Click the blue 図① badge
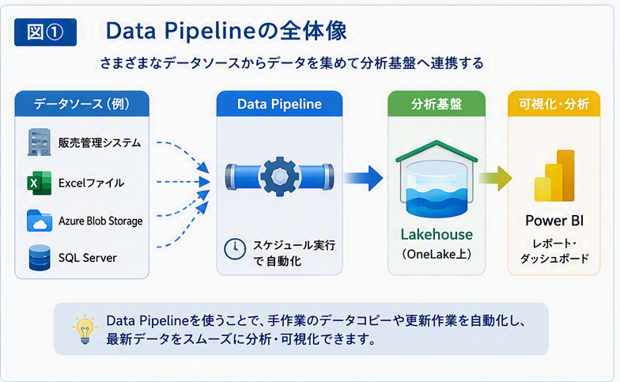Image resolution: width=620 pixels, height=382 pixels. pos(45,32)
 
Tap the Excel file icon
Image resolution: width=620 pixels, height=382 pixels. pos(40,183)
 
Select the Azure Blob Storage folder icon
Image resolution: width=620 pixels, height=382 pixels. pos(40,220)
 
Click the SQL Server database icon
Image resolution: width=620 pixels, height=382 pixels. pos(40,258)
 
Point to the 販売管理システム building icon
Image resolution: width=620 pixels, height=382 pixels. pos(40,142)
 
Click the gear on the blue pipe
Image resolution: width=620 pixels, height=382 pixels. pos(280,177)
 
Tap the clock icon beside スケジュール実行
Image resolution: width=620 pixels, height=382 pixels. pos(235,249)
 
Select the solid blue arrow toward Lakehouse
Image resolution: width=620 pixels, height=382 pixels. pos(363,178)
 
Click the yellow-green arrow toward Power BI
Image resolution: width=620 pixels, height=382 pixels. pos(495,178)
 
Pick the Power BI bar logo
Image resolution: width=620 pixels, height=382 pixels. pos(554,176)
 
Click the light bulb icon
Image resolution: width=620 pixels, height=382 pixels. pos(85,329)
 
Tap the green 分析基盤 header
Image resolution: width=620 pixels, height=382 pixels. pos(437,104)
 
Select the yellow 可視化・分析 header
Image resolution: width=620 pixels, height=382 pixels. pos(554,104)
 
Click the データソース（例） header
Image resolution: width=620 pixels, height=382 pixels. pos(82,104)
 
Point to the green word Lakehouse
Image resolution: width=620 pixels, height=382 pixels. pos(437,234)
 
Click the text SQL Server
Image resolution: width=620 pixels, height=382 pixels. pos(87,258)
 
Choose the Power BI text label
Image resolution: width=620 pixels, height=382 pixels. pos(554,221)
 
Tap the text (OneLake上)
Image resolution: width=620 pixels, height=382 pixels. pos(437,255)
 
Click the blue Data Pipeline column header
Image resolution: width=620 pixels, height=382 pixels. pos(280,104)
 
